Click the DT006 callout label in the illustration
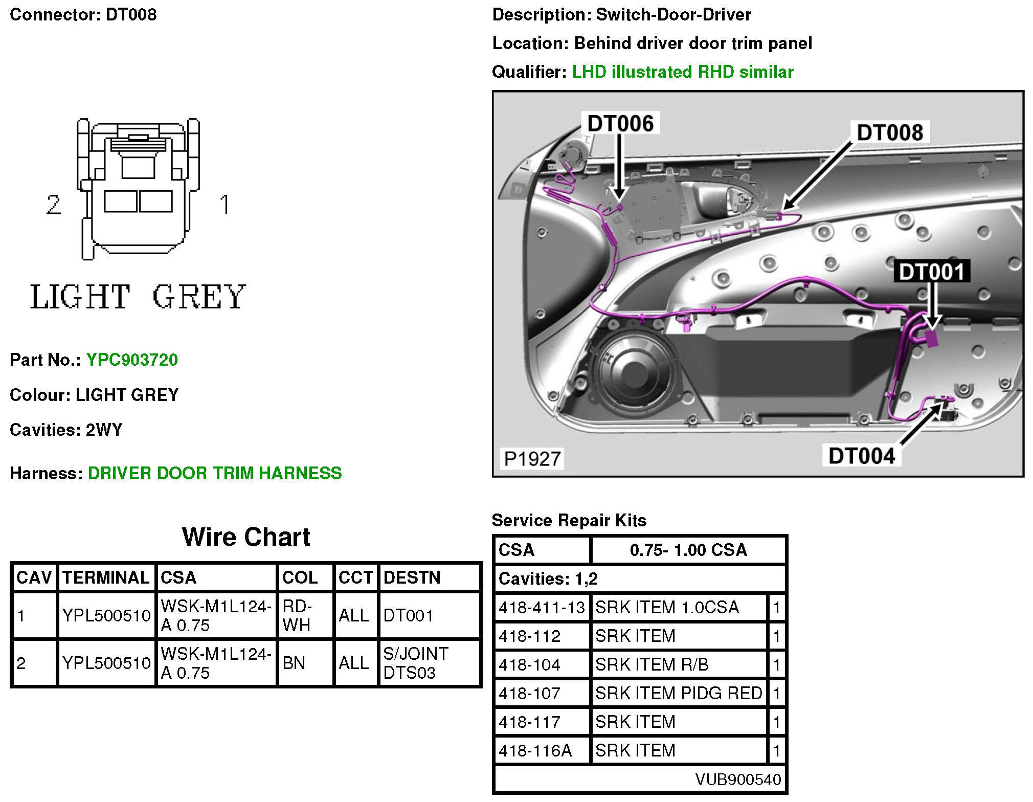pos(620,123)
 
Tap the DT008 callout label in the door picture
pos(890,132)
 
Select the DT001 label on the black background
pos(931,272)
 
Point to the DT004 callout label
pos(862,456)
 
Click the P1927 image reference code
pos(532,459)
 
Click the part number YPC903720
pos(132,360)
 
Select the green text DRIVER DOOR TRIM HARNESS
pos(215,473)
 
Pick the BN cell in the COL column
pos(294,663)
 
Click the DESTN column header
pos(412,577)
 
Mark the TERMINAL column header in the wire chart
pos(106,577)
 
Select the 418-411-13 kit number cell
pos(542,607)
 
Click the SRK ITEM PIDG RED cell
pos(679,693)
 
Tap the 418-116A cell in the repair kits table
pos(535,750)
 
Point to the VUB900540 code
pos(738,779)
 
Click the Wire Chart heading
pos(246,537)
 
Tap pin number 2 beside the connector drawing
pos(53,205)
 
